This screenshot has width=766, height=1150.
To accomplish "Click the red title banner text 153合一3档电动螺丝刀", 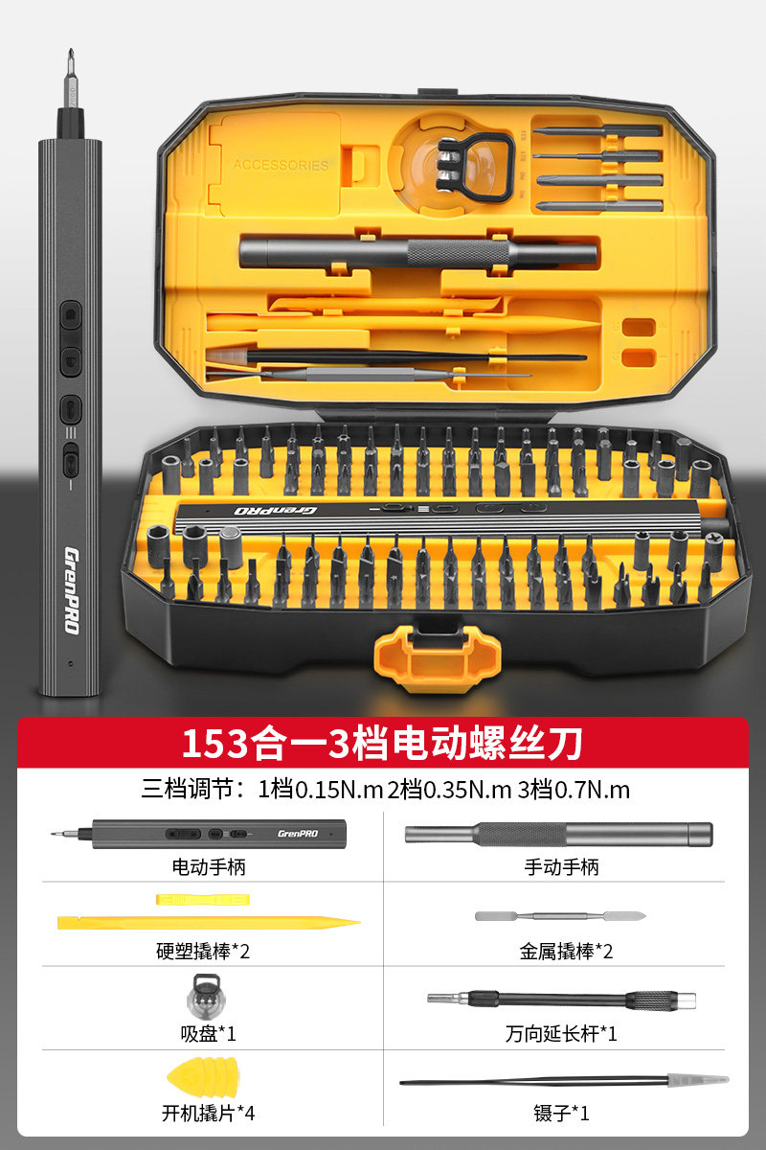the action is pos(382,743).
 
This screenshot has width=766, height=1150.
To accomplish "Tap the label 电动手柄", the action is pos(209,867).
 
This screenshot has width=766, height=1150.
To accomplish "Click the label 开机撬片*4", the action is pos(209,1114).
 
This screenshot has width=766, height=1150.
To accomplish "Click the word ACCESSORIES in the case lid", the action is pos(281,165).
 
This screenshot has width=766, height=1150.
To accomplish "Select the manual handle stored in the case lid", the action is pos(417,254).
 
